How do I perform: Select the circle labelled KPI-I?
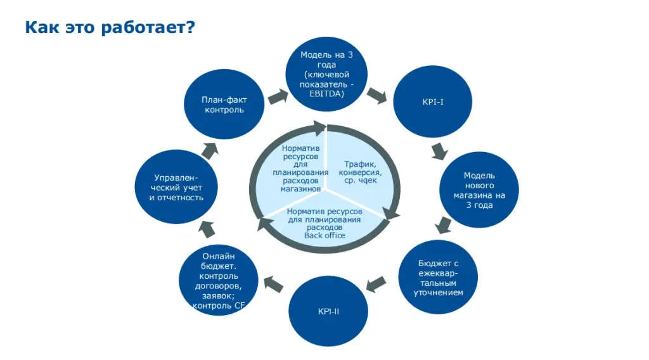[x=432, y=101]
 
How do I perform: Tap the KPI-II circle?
[x=328, y=311]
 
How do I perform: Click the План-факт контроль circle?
[x=224, y=105]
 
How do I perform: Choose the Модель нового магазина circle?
[x=479, y=190]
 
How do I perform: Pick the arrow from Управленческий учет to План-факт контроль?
[x=209, y=150]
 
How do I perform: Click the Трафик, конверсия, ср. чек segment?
[x=360, y=172]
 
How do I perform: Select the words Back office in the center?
[x=324, y=236]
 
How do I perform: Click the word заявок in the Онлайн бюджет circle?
[x=217, y=295]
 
